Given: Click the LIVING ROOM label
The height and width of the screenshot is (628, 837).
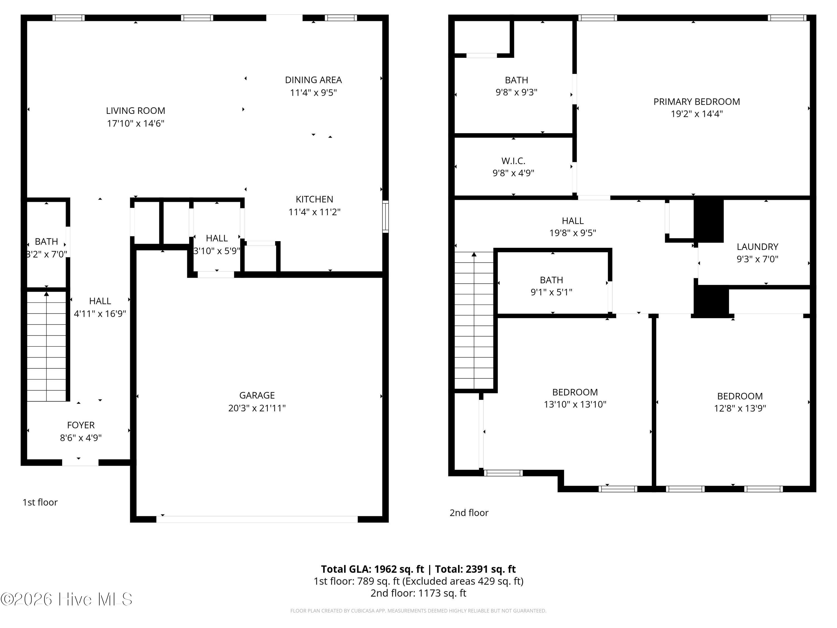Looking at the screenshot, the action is click(x=136, y=111).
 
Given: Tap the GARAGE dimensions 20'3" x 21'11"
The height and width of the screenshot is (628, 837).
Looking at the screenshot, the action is click(x=257, y=408).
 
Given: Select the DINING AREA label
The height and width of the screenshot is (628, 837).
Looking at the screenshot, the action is click(x=313, y=80).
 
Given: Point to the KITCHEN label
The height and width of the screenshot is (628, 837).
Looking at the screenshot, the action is click(x=314, y=199).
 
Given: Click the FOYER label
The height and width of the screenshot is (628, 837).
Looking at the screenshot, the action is click(x=81, y=425).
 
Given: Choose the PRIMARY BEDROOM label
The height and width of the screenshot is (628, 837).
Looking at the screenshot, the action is click(x=697, y=101).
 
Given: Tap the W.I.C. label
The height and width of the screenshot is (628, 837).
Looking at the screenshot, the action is click(x=513, y=161).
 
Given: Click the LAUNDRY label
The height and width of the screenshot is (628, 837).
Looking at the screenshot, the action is click(x=757, y=247).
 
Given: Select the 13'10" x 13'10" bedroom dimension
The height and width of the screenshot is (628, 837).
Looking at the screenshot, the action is click(x=575, y=404).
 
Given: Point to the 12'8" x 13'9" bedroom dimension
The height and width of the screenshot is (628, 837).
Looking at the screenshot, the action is click(x=740, y=408).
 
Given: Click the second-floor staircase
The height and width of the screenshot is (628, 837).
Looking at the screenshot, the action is click(x=474, y=320).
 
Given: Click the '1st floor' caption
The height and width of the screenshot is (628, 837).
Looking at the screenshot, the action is click(x=40, y=502).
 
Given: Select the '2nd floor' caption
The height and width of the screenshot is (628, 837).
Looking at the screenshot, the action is click(x=469, y=513).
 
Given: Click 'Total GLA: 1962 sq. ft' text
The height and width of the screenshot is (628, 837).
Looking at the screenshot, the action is click(x=372, y=569).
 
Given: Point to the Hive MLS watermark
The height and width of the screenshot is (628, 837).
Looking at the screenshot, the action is click(x=67, y=599).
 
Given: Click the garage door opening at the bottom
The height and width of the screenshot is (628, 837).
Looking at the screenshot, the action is click(x=257, y=519).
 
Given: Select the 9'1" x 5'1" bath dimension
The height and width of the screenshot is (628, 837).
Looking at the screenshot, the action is click(x=551, y=292).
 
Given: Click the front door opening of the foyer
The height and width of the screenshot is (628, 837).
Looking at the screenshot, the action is click(x=80, y=462).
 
